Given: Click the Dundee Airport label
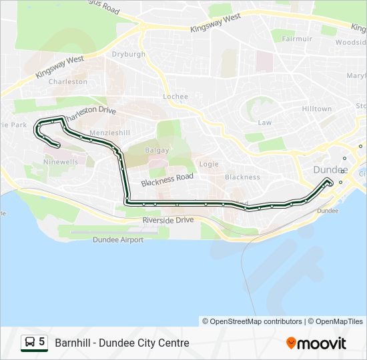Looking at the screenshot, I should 118,239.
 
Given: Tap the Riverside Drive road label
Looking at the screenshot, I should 167,219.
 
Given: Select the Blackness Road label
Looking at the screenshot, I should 167,179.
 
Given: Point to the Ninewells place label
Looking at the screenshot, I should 60,161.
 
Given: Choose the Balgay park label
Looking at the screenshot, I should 157,150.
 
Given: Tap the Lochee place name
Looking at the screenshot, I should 175,97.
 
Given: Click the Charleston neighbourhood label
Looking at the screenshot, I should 68,82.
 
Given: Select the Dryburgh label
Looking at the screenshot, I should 129,55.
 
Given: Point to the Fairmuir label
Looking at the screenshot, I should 297,39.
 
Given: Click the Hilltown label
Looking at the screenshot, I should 316,109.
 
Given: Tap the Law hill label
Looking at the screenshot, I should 265,123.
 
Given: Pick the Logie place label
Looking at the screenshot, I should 209,164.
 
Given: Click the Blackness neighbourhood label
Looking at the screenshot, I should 242,177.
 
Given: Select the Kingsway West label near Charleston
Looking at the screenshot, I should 59,67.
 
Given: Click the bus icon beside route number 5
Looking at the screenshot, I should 30,342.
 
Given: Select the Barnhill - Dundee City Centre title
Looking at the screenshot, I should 122,343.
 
